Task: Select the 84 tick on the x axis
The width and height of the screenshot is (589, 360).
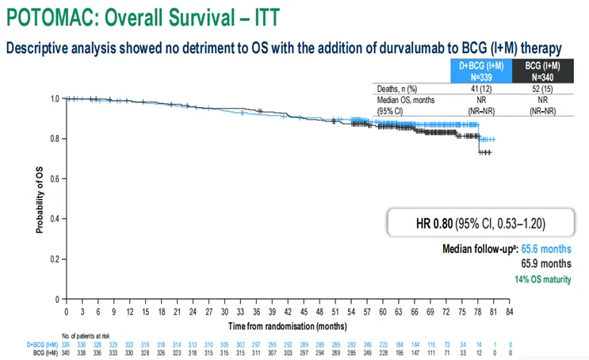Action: pyautogui.click(x=511, y=312)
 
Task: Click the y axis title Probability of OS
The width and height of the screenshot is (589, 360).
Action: pyautogui.click(x=39, y=198)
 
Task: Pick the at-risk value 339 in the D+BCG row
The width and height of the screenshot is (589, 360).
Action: pyautogui.click(x=67, y=344)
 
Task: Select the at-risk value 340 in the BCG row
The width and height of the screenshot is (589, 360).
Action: pyautogui.click(x=67, y=352)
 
